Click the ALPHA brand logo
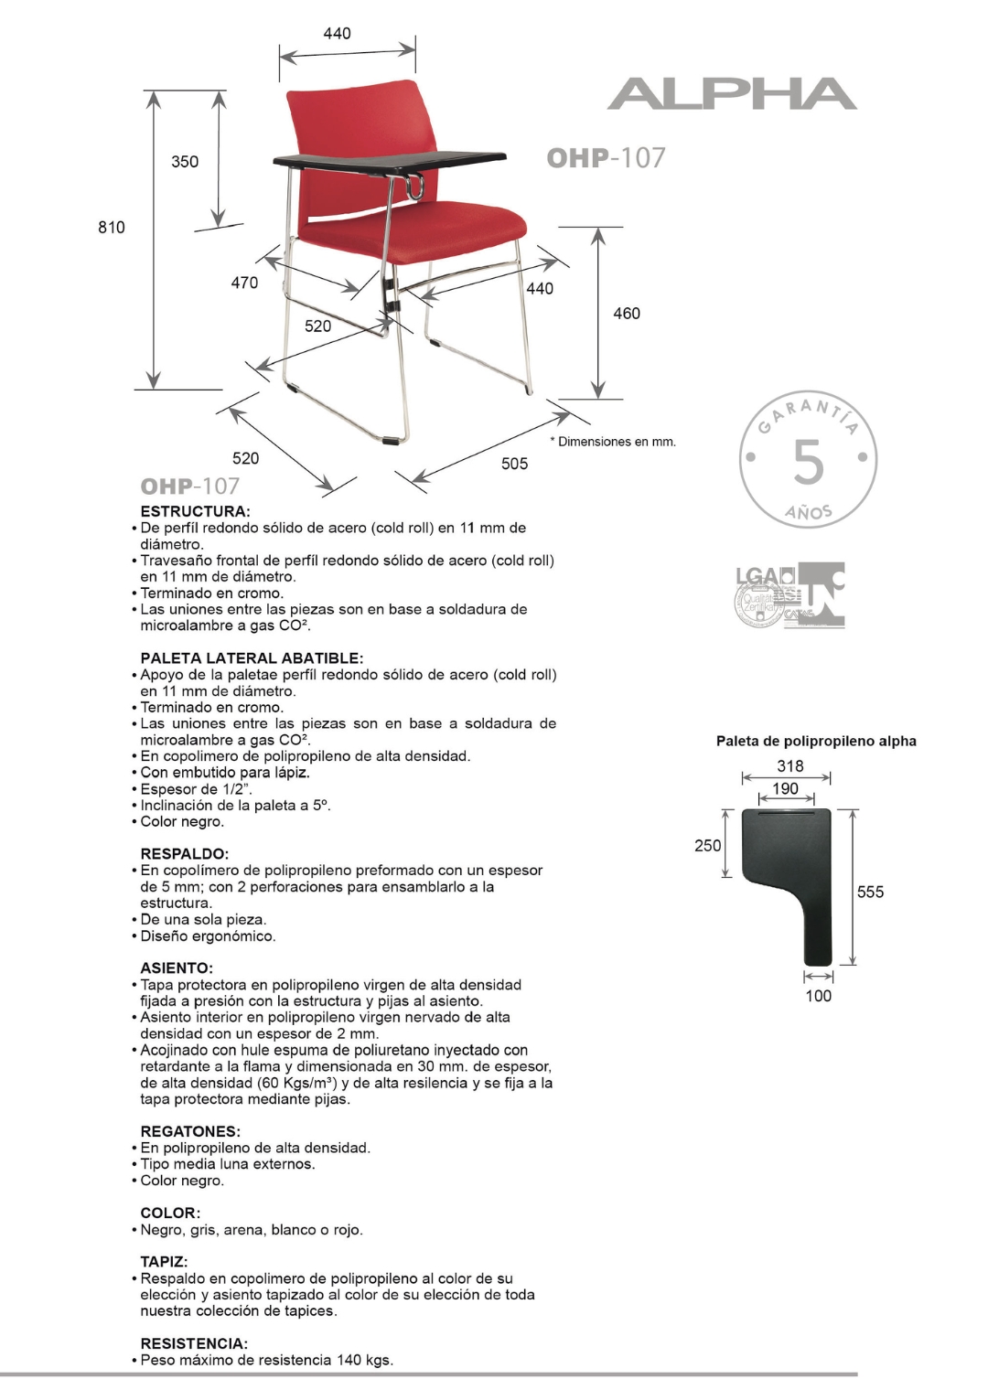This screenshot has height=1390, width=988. pyautogui.click(x=732, y=94)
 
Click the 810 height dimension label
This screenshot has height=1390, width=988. pyautogui.click(x=112, y=227)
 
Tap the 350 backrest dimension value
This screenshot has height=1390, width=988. pyautogui.click(x=185, y=162)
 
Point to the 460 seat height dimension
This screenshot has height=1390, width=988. pyautogui.click(x=627, y=314)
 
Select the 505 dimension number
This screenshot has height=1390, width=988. pyautogui.click(x=514, y=464)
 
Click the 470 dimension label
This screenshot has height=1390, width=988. pyautogui.click(x=244, y=283)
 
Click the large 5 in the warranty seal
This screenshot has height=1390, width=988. pyautogui.click(x=808, y=462)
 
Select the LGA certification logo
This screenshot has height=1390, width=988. pyautogui.click(x=764, y=594)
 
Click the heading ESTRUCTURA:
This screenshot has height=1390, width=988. pyautogui.click(x=195, y=511)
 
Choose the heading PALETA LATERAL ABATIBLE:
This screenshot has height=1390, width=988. pyautogui.click(x=252, y=658)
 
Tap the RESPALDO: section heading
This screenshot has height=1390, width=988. pyautogui.click(x=184, y=854)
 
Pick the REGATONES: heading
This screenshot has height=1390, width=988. pyautogui.click(x=190, y=1131)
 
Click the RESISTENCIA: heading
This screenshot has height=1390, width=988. pyautogui.click(x=194, y=1343)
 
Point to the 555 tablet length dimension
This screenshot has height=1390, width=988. pyautogui.click(x=870, y=892)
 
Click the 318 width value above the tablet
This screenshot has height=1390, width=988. pyautogui.click(x=790, y=766)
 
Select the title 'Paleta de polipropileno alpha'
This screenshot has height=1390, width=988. pyautogui.click(x=816, y=741)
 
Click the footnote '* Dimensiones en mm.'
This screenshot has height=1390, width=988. pyautogui.click(x=613, y=442)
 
